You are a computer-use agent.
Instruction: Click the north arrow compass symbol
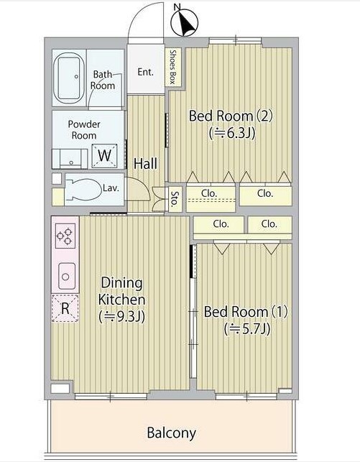[185, 21]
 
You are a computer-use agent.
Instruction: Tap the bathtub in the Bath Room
[69, 78]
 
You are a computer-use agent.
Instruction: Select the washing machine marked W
[105, 156]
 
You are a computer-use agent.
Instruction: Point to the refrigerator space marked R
[65, 308]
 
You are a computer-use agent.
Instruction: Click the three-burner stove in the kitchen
[65, 236]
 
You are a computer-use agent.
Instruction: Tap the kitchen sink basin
[67, 276]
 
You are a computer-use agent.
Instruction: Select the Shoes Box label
[173, 67]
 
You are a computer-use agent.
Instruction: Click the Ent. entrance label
[146, 72]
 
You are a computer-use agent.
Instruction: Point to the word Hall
[146, 163]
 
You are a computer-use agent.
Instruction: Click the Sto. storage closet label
[175, 199]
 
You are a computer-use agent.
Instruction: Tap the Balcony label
[172, 433]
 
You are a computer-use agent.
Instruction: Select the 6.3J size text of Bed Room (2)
[232, 133]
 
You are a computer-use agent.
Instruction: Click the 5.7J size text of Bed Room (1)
[247, 328]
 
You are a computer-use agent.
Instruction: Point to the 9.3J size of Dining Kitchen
[121, 316]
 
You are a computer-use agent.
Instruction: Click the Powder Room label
[84, 129]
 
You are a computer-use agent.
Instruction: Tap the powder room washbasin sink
[71, 159]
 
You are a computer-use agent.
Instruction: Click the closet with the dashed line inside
[211, 197]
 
